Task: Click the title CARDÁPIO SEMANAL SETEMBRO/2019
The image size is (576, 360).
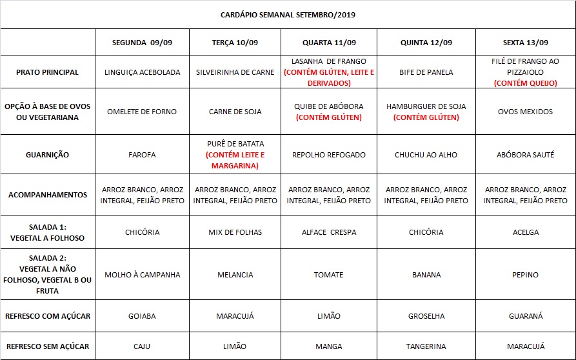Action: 288,14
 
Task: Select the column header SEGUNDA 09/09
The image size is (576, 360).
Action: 142,43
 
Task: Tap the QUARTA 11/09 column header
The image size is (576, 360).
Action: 328,43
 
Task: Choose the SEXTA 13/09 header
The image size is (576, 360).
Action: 525,43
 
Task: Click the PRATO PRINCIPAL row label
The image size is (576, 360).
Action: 48,72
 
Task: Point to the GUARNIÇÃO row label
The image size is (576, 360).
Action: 48,155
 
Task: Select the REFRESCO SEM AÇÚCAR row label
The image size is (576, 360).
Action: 48,346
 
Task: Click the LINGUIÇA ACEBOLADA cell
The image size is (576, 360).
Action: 142,72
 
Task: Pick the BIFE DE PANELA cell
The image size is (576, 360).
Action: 426,72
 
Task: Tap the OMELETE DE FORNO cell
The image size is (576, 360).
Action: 142,112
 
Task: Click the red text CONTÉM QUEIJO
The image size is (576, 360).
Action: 525,83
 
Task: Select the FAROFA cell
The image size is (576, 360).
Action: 142,155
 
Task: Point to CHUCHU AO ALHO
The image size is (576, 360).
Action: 426,155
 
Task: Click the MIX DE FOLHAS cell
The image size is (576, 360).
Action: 235,232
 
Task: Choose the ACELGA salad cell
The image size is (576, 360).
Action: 525,232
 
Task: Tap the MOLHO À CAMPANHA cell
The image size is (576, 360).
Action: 142,275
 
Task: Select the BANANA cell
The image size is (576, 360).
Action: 426,275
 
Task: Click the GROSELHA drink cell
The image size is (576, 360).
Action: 426,317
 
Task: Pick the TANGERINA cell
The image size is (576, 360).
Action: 426,346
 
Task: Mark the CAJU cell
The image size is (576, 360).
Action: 142,346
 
